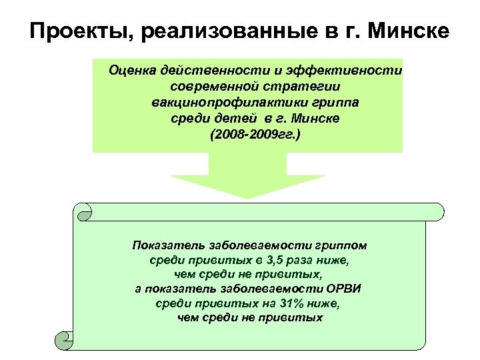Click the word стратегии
(305, 87)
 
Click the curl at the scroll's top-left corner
(85, 213)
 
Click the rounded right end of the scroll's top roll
(437, 211)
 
